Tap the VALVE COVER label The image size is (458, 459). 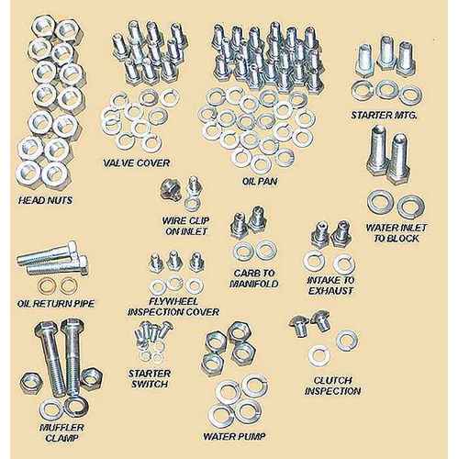click(135, 163)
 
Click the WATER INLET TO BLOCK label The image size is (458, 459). click(394, 232)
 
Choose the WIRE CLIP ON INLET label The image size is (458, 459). click(182, 226)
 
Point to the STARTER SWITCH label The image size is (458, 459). click(148, 377)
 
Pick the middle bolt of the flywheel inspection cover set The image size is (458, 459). click(173, 261)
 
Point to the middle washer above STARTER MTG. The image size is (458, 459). click(386, 90)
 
